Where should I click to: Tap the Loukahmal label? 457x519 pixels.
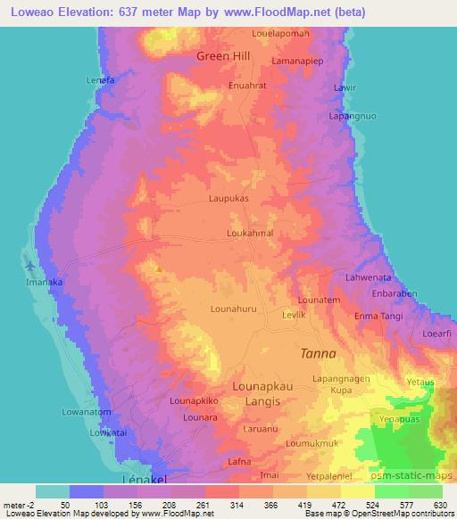tap(248, 234)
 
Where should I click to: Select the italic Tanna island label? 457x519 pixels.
tap(317, 353)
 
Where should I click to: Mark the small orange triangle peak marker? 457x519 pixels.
tap(158, 268)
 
